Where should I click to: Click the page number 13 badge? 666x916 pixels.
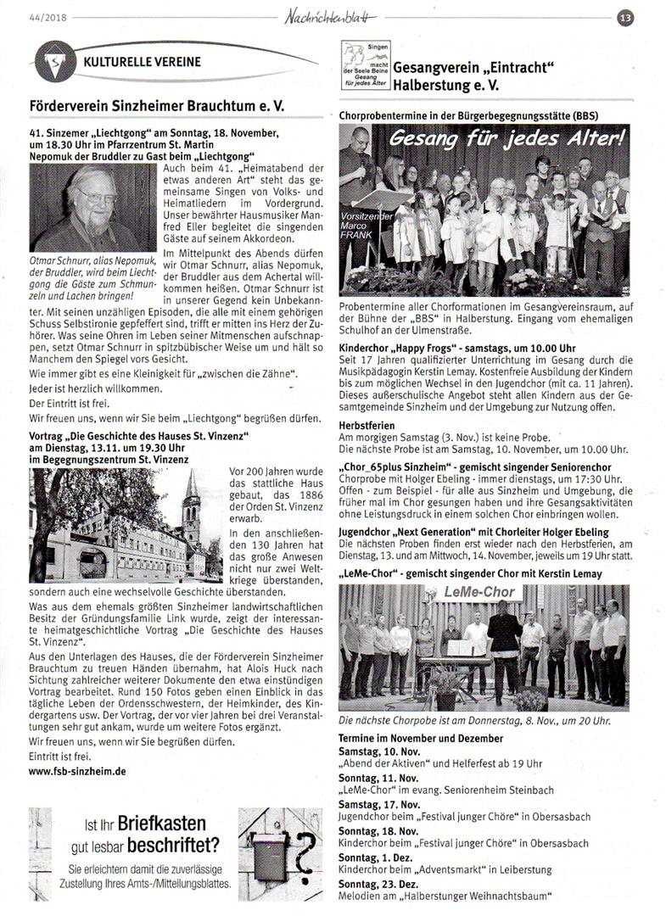click(x=626, y=16)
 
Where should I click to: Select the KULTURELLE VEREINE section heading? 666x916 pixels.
click(x=142, y=62)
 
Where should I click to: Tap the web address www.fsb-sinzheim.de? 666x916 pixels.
click(x=77, y=771)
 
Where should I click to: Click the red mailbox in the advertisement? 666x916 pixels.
click(x=268, y=852)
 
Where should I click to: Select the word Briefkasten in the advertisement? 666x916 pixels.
click(x=161, y=824)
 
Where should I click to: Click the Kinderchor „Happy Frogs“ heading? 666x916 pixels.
click(x=433, y=349)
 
